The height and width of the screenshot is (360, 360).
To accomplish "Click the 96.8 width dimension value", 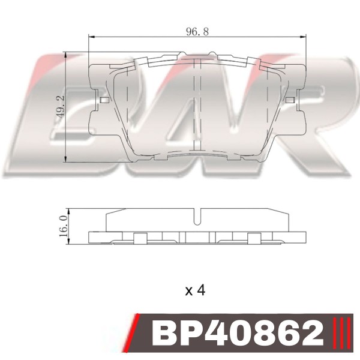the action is [197, 31].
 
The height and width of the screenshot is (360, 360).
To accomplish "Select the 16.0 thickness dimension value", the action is [64, 226].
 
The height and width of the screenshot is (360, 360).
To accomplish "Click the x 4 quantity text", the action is [195, 290].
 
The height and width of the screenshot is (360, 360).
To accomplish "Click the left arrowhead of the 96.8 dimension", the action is [92, 37].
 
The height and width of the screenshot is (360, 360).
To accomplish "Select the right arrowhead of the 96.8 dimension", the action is [303, 37].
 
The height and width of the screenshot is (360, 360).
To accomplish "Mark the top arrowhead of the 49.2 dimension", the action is [65, 55].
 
